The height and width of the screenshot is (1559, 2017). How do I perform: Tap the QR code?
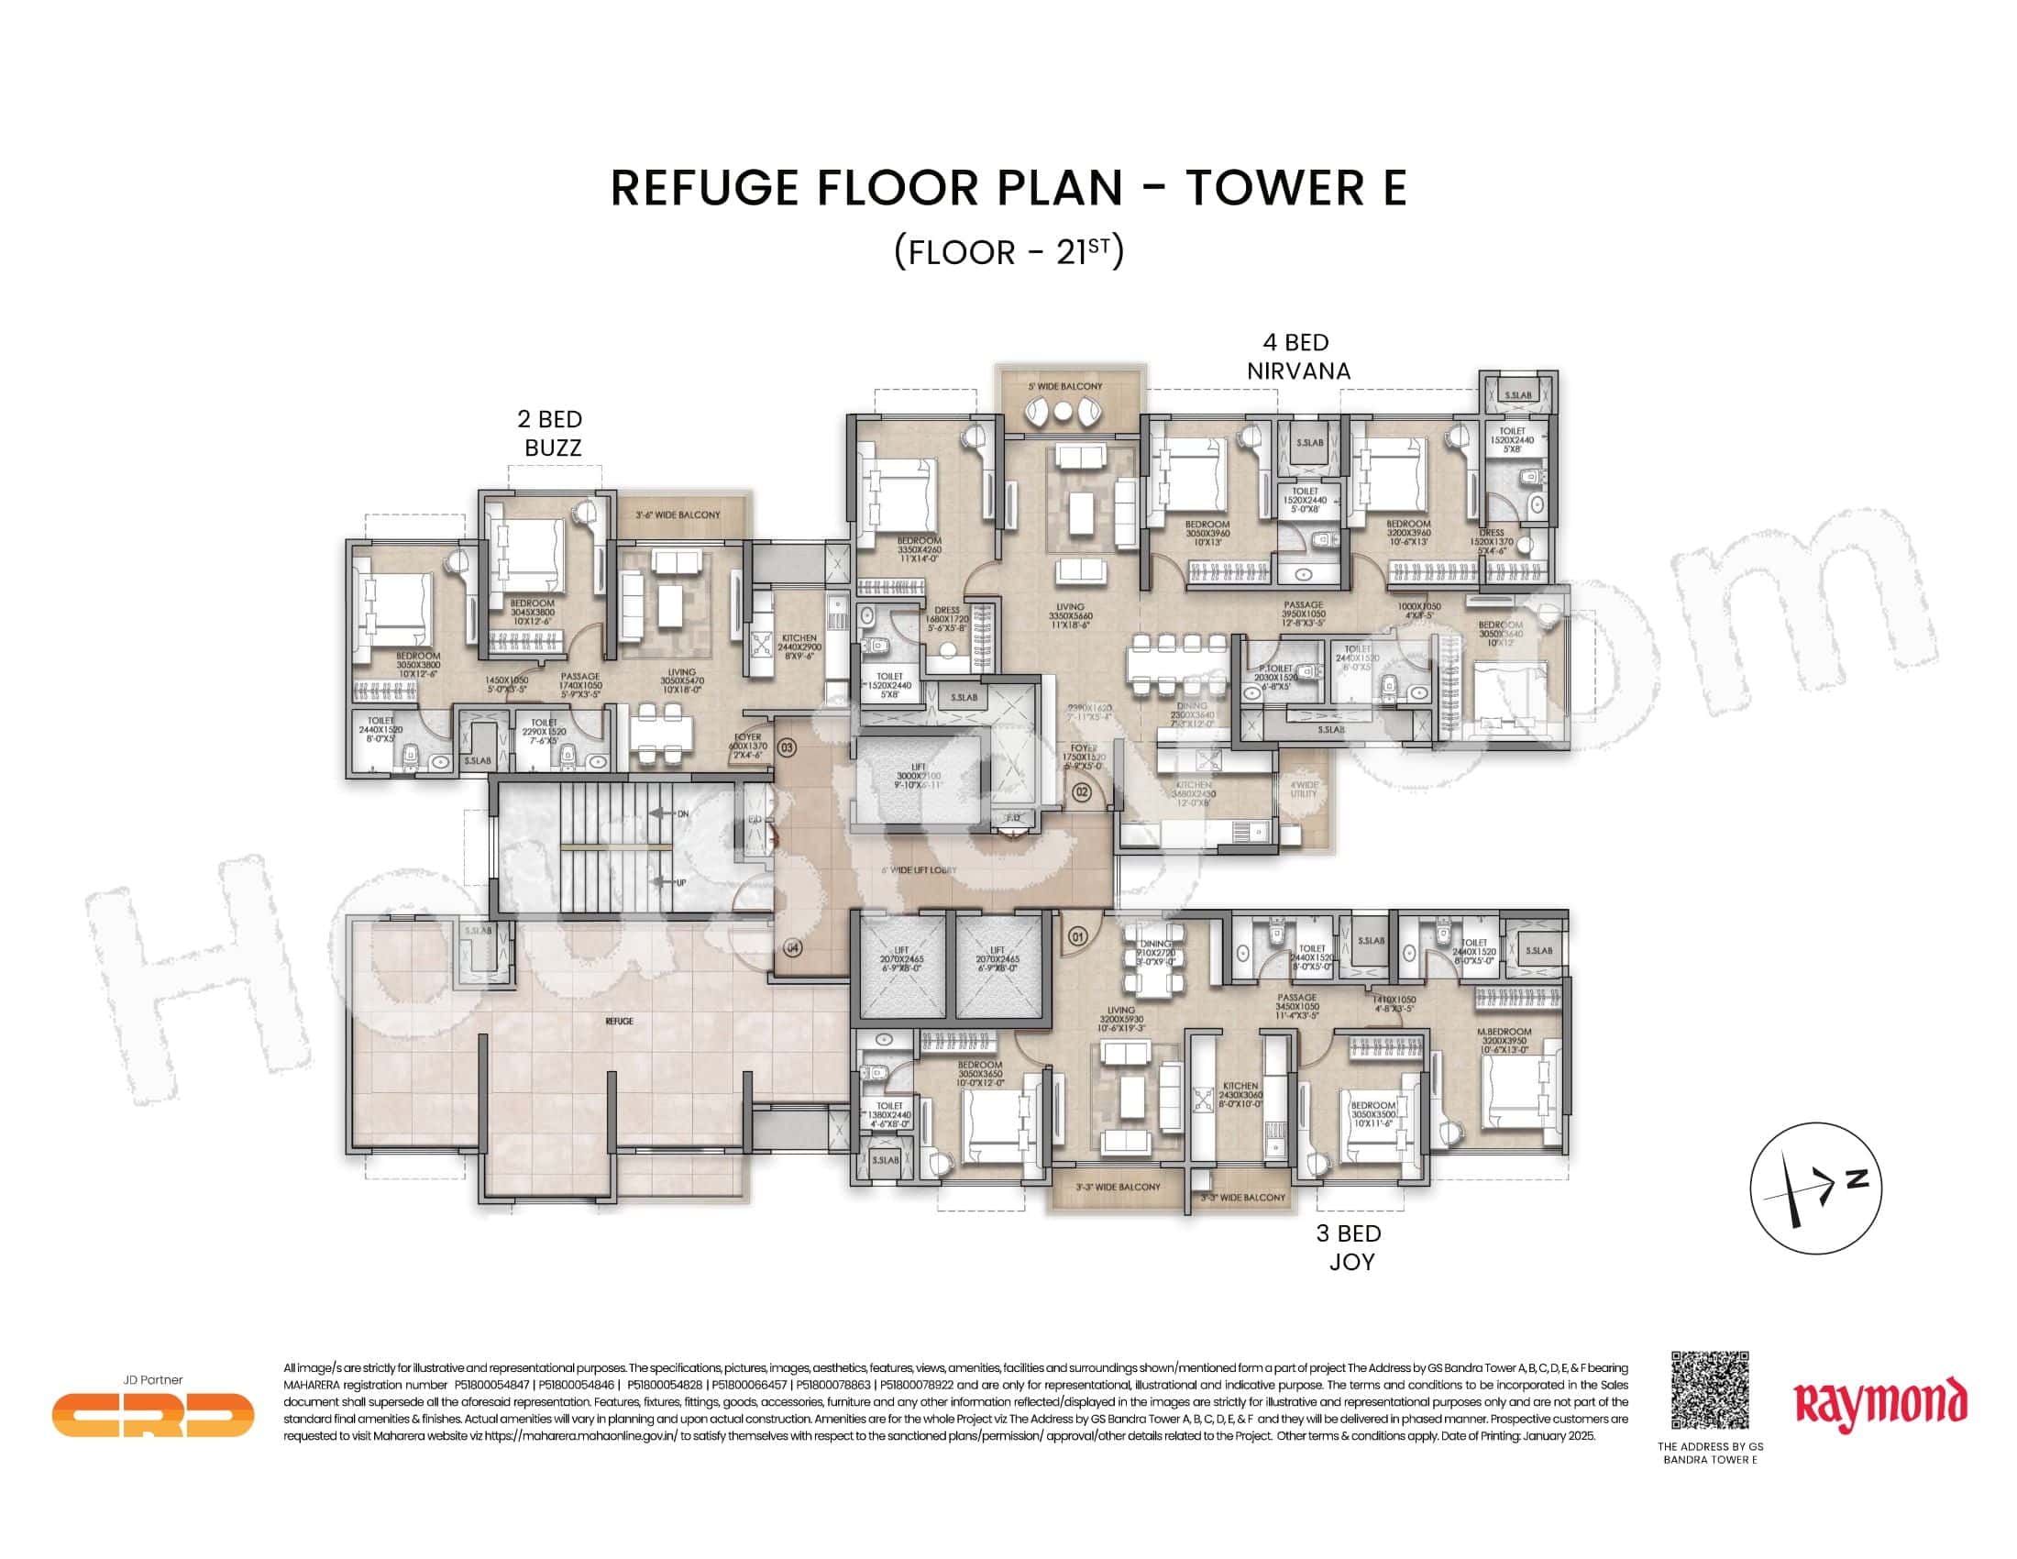click(1711, 1390)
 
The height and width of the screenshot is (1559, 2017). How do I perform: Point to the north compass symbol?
click(1814, 1188)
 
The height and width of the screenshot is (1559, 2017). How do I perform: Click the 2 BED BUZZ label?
click(550, 433)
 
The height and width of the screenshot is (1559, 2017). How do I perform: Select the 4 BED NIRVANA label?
click(1297, 357)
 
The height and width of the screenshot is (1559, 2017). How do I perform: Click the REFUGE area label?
click(619, 1022)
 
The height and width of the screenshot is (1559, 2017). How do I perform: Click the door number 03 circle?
click(787, 746)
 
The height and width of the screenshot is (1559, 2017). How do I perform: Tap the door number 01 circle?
click(1077, 936)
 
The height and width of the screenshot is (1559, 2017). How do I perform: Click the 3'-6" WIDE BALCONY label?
click(677, 514)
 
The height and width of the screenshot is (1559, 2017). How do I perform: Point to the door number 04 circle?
click(791, 947)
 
